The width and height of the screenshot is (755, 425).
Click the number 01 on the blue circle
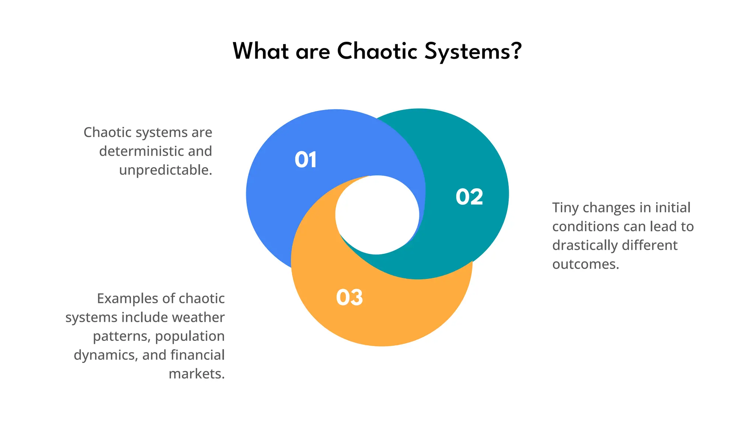click(306, 160)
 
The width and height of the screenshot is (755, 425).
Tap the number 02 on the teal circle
click(469, 197)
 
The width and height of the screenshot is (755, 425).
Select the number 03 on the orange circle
click(349, 297)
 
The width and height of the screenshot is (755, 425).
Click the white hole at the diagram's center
click(377, 215)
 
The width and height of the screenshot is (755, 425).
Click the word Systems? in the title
click(473, 52)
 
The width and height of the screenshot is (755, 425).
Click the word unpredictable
click(165, 170)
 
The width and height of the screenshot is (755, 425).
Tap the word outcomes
click(585, 264)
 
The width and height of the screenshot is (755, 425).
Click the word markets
click(196, 374)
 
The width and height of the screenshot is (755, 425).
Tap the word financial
click(197, 355)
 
